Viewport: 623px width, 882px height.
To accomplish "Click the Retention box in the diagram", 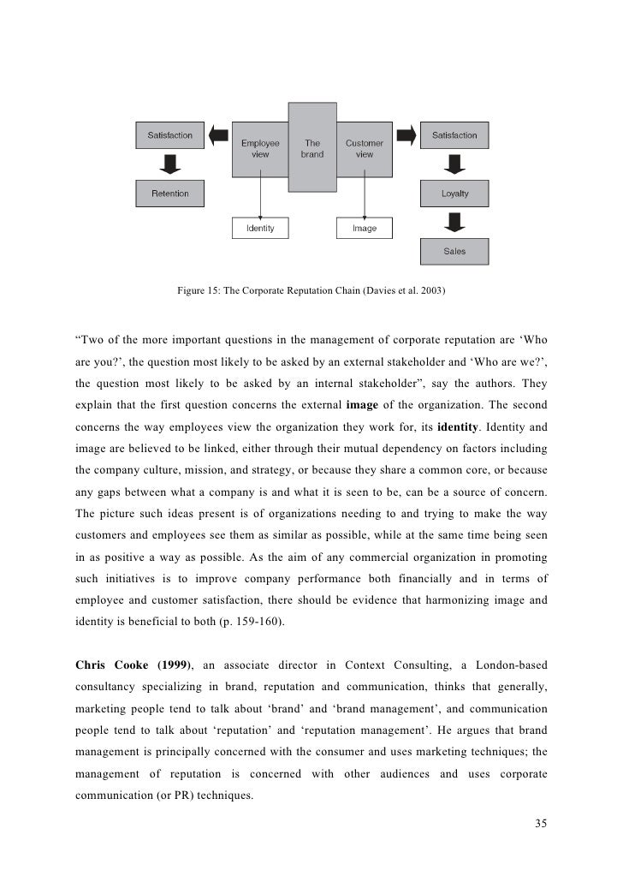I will [x=170, y=194].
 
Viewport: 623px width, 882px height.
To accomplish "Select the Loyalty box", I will [x=454, y=194].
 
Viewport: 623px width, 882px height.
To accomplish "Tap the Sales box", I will [x=454, y=252].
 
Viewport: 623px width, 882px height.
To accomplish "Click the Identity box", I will [x=260, y=229].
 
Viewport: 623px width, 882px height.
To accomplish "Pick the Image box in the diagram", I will [x=365, y=229].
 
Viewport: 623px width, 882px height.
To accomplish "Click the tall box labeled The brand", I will [x=312, y=147].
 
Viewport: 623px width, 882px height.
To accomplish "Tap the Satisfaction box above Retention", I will [x=170, y=135].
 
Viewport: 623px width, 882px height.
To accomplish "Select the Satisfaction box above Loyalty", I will [x=454, y=135].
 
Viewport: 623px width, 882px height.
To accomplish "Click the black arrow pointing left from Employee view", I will [x=219, y=135].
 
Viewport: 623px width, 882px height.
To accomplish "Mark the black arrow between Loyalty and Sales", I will [x=454, y=223].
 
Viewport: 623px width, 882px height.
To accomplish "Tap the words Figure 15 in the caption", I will [x=197, y=291].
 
